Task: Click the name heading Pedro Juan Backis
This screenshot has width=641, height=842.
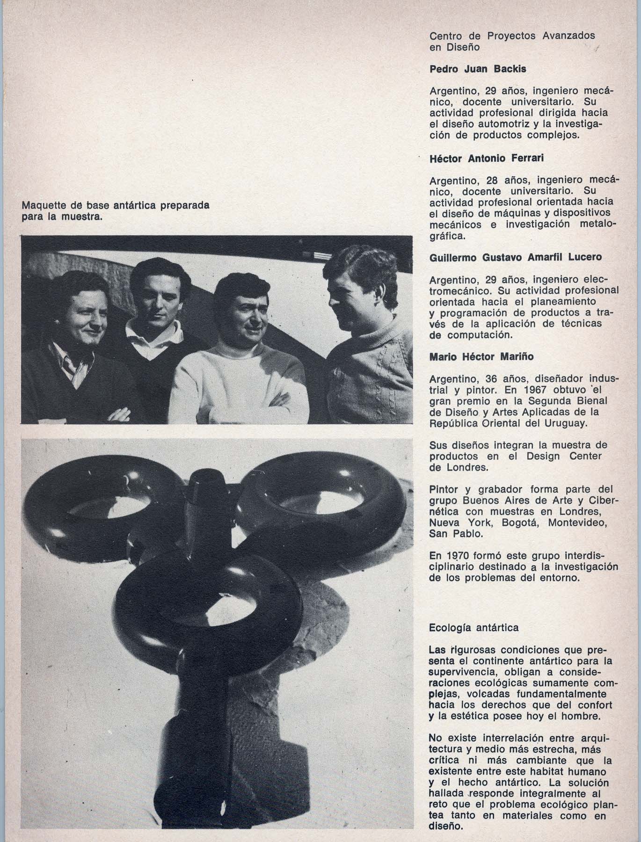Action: click(478, 69)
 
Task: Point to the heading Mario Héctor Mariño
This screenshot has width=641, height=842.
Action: click(481, 356)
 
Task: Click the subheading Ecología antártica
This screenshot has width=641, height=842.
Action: click(473, 627)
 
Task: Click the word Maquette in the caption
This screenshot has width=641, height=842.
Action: click(43, 206)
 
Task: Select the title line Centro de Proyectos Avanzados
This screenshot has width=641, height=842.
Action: click(512, 36)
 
